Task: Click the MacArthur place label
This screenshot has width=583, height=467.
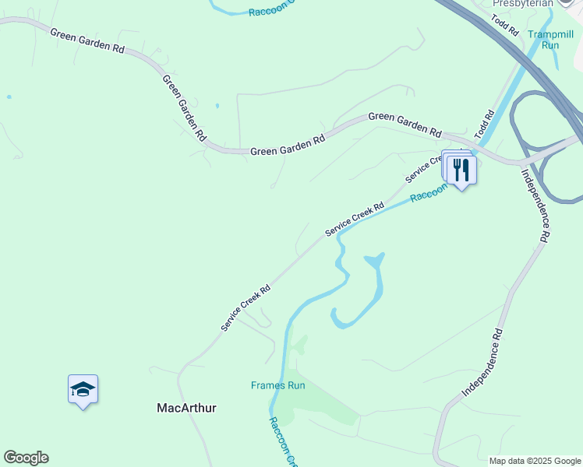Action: click(x=186, y=408)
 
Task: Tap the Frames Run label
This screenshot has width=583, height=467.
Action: click(x=277, y=385)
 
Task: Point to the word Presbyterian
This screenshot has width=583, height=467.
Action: click(x=523, y=4)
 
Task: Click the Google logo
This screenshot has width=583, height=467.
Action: click(x=26, y=458)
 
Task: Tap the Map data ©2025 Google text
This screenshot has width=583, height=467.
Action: click(x=535, y=461)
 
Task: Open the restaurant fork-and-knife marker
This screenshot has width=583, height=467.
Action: click(x=461, y=170)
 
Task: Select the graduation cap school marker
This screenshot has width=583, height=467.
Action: click(x=83, y=390)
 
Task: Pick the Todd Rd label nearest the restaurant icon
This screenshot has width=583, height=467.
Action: click(x=485, y=126)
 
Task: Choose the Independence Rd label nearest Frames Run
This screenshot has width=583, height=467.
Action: click(x=483, y=363)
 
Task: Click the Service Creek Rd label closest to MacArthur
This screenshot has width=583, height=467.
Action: click(x=245, y=307)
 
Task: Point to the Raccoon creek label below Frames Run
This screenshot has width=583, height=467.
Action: click(x=282, y=442)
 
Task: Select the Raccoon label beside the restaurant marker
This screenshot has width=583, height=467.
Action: click(x=428, y=193)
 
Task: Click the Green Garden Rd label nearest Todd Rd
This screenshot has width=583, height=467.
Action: click(x=405, y=122)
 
